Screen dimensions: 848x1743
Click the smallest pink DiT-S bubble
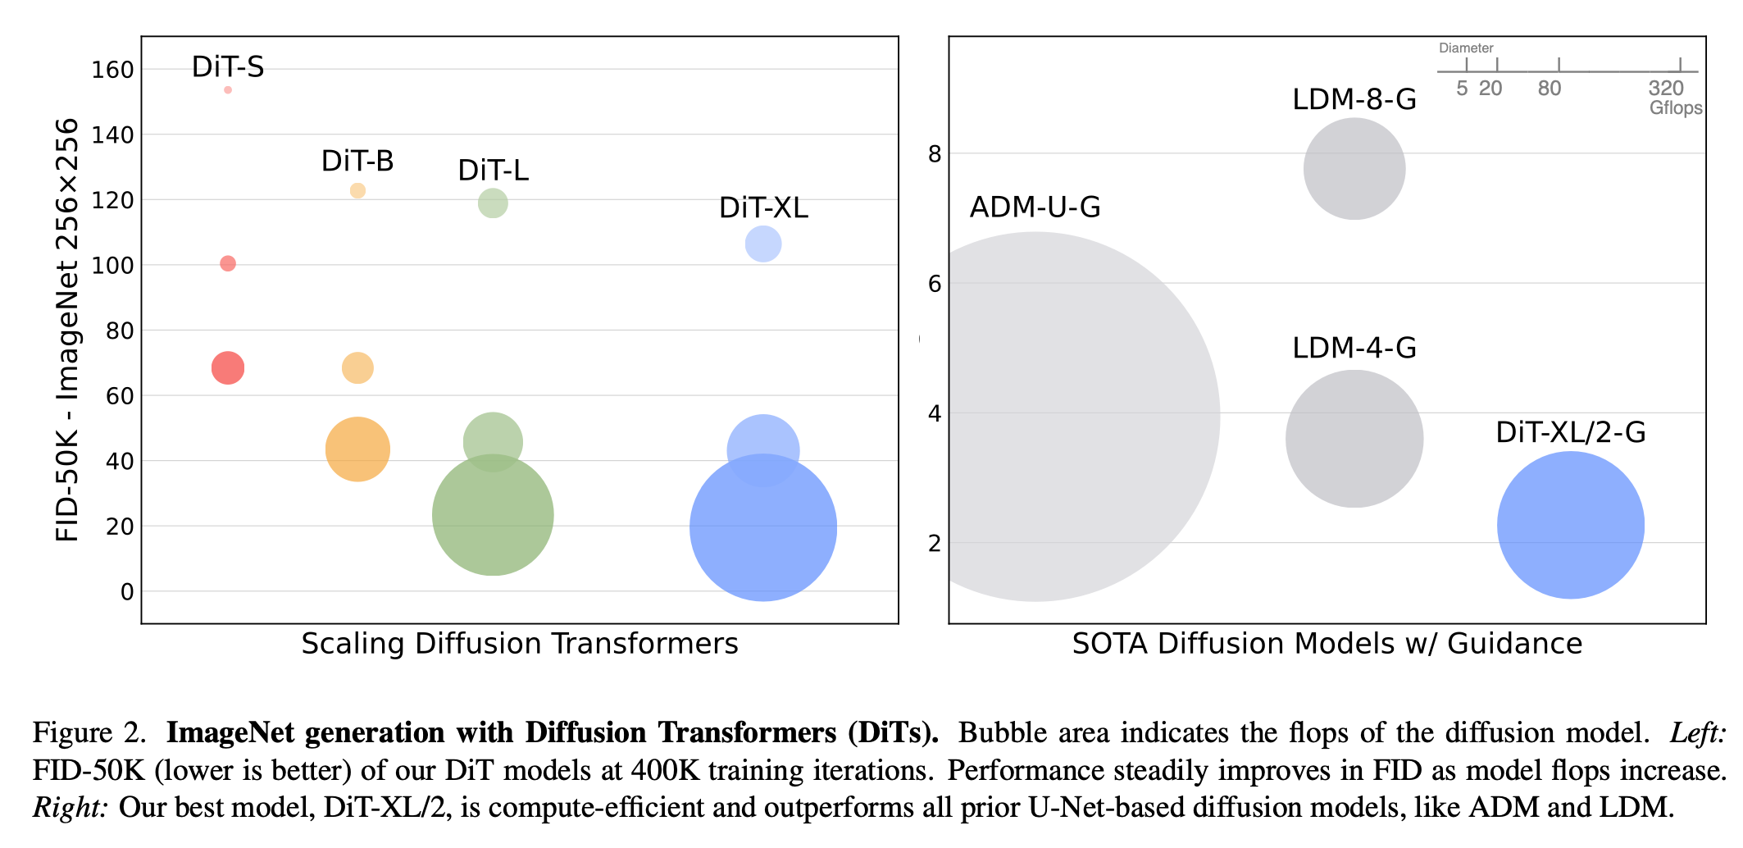coord(228,90)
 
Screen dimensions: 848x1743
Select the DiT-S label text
coord(228,67)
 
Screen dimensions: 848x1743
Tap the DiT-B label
coord(357,161)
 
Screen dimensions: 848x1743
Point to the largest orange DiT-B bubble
coord(357,449)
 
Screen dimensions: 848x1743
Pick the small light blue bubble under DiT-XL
coord(763,244)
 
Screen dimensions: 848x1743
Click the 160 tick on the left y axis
coord(113,70)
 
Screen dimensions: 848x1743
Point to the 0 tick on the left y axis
coord(127,592)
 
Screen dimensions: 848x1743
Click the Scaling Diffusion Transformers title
coord(520,644)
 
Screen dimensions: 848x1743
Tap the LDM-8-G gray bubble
coord(1354,169)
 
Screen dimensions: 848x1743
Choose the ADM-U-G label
coord(1035,207)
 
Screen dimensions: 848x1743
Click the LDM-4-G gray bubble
coord(1354,439)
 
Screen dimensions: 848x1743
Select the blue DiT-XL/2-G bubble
coord(1570,525)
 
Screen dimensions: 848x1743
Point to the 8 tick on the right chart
coord(935,154)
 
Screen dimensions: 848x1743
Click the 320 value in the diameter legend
coord(1666,89)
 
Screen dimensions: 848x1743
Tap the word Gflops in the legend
coord(1676,108)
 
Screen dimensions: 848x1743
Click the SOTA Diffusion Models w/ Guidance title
coord(1327,644)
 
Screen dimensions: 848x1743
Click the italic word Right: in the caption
coord(71,808)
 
